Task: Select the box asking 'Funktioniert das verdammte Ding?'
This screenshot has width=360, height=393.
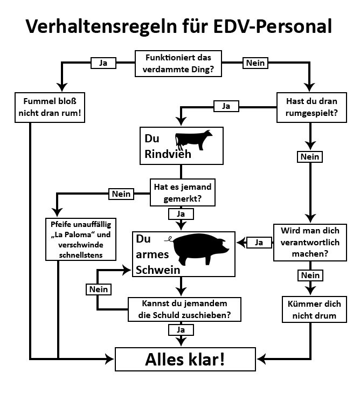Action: pyautogui.click(x=179, y=63)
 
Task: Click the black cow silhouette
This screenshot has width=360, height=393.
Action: pyautogui.click(x=193, y=141)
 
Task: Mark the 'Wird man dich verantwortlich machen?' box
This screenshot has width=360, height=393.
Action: pyautogui.click(x=310, y=242)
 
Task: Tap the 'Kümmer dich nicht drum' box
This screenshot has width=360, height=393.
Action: pyautogui.click(x=310, y=310)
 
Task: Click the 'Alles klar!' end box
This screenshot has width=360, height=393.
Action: pyautogui.click(x=185, y=360)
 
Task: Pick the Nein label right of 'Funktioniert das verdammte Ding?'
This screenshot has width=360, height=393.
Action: pyautogui.click(x=255, y=63)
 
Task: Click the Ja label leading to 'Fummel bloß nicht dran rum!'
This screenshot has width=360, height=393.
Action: pyautogui.click(x=103, y=63)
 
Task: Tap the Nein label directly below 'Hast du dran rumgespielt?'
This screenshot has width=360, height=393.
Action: pyautogui.click(x=309, y=157)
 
